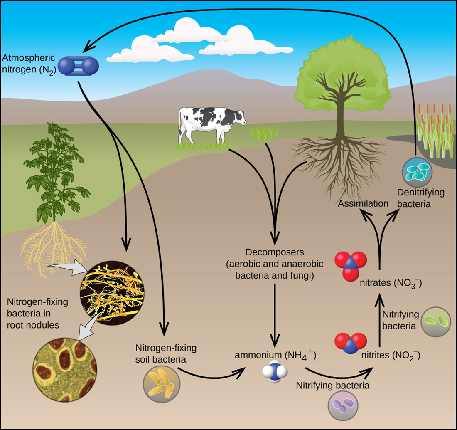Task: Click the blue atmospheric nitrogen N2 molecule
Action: tap(79, 66)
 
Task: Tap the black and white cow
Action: tap(210, 123)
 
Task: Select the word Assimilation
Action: tap(363, 203)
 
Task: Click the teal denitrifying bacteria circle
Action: tap(417, 172)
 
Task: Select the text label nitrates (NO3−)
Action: tap(391, 283)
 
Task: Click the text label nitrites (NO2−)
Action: tap(391, 355)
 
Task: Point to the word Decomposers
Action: tap(275, 252)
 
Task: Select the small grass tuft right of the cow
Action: tap(264, 133)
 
